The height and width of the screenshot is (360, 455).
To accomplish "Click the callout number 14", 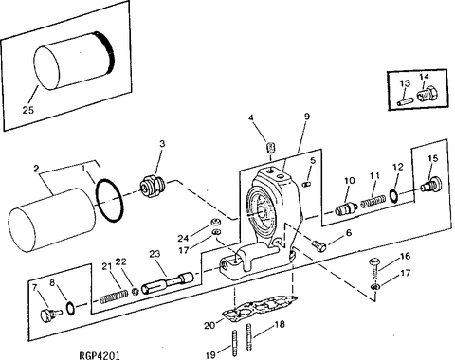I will click(424, 76).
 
